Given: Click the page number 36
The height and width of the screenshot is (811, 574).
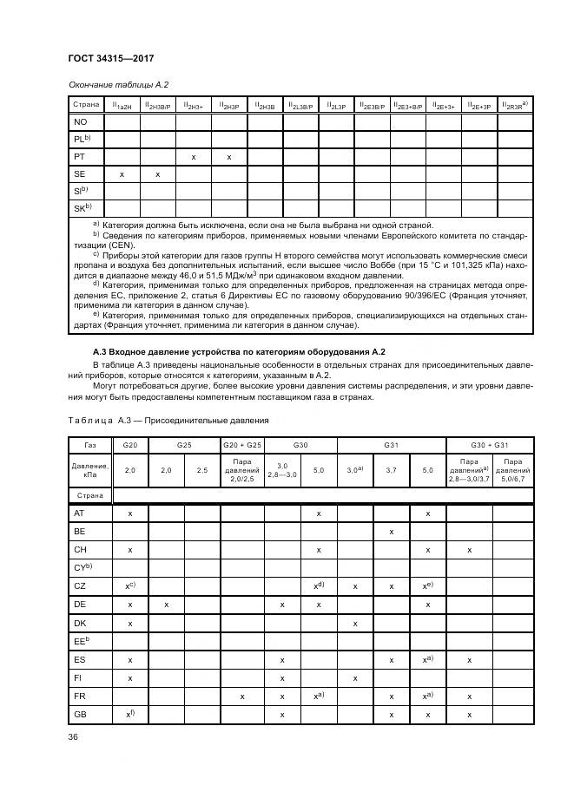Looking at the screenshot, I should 73,737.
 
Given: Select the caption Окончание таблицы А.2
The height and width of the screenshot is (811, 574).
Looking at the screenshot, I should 118,84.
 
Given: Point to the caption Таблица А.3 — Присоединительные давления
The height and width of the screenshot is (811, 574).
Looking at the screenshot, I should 168,421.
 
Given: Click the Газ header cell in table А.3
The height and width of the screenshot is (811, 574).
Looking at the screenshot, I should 90,445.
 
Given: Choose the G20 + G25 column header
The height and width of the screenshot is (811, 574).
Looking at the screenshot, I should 241,445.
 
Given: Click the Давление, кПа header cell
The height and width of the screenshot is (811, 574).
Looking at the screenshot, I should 90,469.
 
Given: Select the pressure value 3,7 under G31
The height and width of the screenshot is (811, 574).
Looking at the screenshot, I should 392,469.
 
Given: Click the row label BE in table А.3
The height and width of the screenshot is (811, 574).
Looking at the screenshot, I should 79,532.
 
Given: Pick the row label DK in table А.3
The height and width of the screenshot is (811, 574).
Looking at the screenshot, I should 79,624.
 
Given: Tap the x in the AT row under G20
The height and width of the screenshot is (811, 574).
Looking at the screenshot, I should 130,513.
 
